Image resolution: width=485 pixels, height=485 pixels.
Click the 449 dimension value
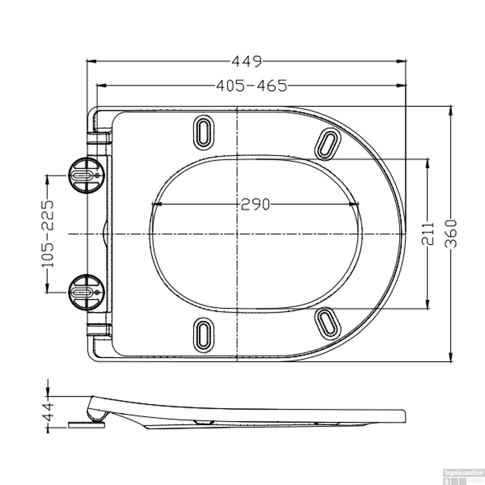(246, 61)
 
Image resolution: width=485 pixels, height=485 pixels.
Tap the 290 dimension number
(255, 204)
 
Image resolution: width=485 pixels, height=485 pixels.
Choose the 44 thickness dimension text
(48, 412)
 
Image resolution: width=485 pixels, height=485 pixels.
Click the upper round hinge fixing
(86, 175)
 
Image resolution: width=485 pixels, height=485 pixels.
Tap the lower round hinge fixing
(86, 292)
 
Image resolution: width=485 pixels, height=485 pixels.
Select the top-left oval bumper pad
(203, 133)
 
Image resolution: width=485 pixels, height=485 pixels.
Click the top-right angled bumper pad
(328, 144)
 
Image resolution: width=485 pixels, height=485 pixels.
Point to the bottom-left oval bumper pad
(203, 334)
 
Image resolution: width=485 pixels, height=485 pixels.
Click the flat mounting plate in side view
(87, 424)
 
